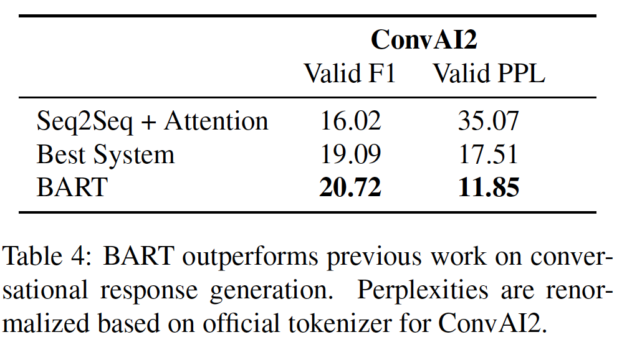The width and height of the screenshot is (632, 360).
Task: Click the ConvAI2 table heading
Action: (424, 40)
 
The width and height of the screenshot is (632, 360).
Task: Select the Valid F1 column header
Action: (350, 73)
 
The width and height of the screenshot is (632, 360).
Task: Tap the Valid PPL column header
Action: (489, 73)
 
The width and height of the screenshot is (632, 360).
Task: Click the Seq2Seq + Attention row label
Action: (153, 121)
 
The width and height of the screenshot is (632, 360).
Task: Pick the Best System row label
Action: (106, 154)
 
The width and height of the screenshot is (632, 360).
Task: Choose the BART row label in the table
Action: (72, 187)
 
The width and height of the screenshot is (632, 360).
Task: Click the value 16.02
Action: (350, 121)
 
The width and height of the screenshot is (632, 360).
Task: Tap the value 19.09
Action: (350, 154)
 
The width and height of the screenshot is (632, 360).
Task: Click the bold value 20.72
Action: (350, 187)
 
